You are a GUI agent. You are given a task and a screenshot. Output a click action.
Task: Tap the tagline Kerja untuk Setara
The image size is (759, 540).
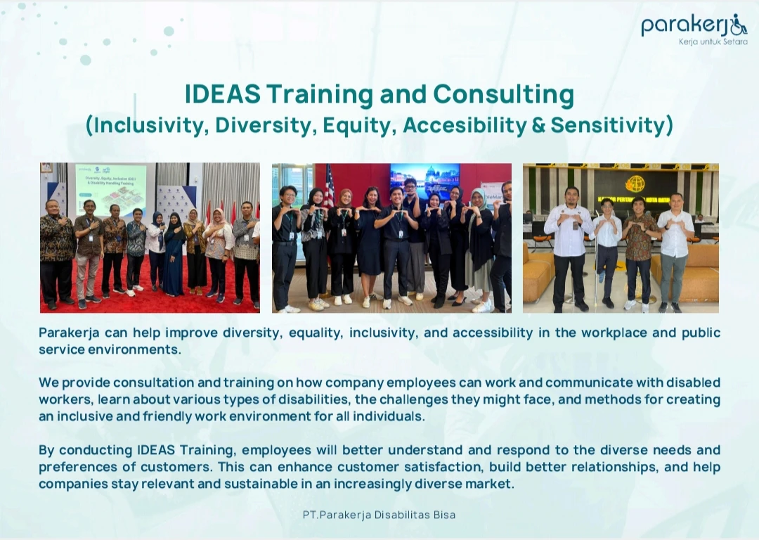pos(713,42)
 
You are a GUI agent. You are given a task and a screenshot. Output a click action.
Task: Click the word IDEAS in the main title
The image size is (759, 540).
pos(223,94)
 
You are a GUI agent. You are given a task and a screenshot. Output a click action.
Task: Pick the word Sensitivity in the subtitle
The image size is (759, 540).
pos(608,125)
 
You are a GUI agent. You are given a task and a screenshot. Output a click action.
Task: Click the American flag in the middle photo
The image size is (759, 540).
pos(329,186)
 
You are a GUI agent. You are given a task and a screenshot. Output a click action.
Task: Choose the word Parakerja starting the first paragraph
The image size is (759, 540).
pos(69,333)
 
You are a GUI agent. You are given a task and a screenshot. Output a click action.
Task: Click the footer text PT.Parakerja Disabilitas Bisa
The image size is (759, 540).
pos(379,515)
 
